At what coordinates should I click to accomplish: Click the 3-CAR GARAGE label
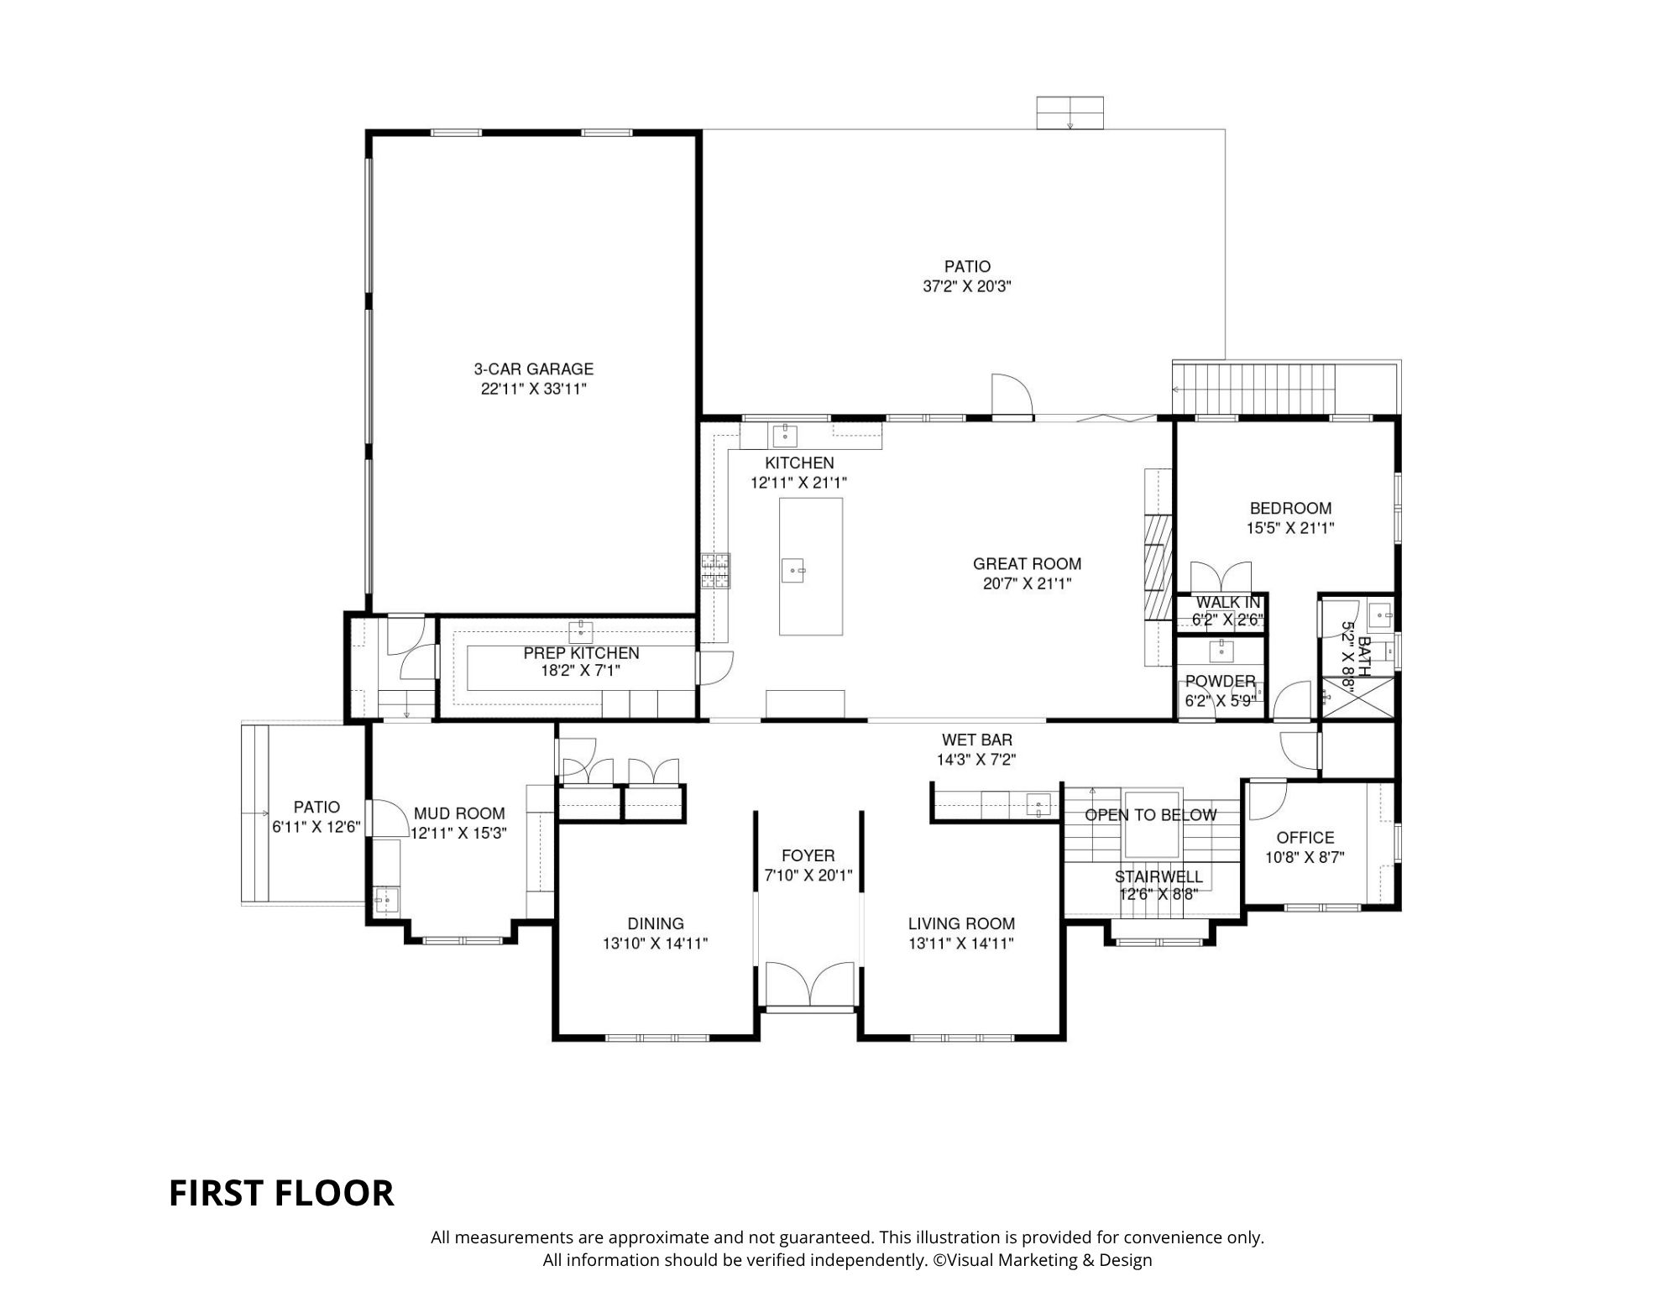tap(533, 369)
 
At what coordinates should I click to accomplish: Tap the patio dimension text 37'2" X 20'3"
tap(967, 286)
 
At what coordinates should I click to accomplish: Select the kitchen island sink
tap(793, 571)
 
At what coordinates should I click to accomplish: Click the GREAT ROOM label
tap(1027, 564)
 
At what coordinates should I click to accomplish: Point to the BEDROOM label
tap(1290, 508)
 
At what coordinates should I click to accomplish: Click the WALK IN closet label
tap(1227, 602)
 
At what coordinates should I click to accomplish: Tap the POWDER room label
tap(1221, 681)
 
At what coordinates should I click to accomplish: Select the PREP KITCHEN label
tap(581, 653)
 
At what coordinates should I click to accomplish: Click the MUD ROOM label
tap(459, 813)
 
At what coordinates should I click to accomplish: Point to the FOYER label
tap(808, 855)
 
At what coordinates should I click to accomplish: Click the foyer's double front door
tap(810, 984)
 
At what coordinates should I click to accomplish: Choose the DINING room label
tap(656, 923)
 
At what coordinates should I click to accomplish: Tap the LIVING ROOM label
tap(961, 923)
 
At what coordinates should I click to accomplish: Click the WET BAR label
tap(976, 740)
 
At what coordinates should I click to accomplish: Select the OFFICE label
tap(1305, 837)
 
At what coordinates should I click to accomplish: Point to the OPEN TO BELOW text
tap(1150, 815)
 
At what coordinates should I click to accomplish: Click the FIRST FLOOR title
tap(281, 1193)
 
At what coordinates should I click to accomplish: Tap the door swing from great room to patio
tap(1012, 395)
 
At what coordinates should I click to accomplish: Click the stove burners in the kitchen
tap(715, 571)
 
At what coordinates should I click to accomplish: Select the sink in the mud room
tap(384, 900)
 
